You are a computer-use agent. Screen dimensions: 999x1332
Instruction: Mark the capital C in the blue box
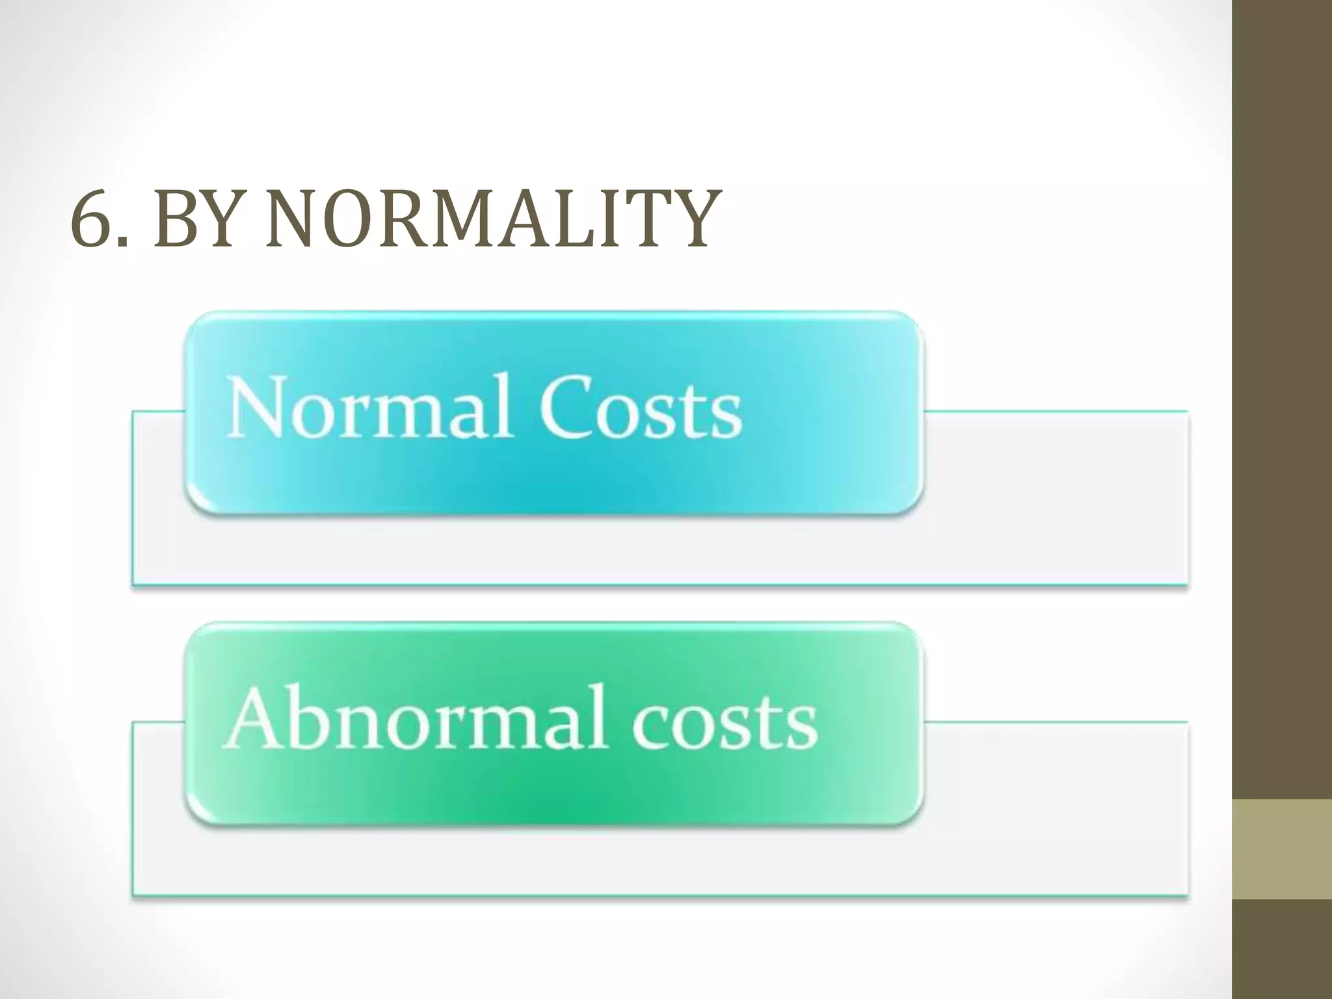point(565,408)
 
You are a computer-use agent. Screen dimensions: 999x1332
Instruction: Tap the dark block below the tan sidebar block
point(1282,949)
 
